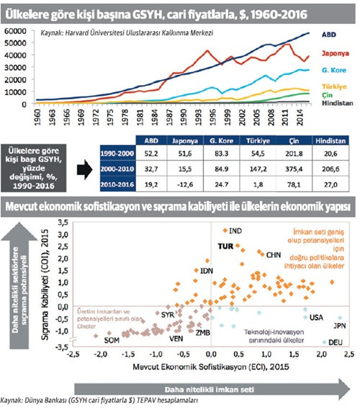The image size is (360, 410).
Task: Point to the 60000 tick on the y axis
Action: point(14,32)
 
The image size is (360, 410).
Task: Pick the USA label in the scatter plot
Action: point(316,318)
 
